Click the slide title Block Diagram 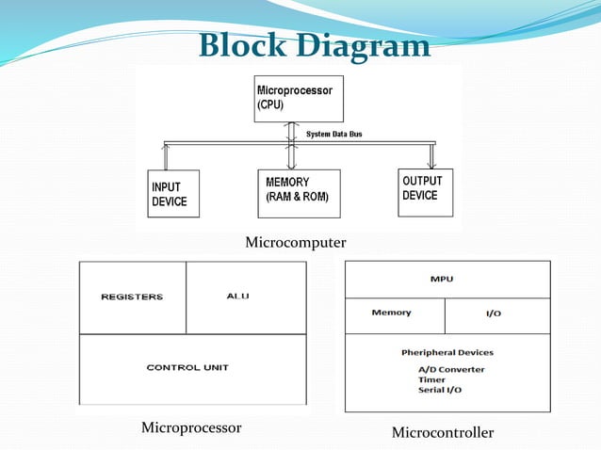pyautogui.click(x=314, y=44)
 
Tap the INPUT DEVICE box pyautogui.click(x=173, y=194)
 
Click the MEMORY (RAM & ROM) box pyautogui.click(x=299, y=194)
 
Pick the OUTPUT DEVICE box pyautogui.click(x=425, y=192)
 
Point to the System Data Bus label pyautogui.click(x=333, y=134)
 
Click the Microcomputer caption pyautogui.click(x=295, y=243)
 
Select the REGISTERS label pyautogui.click(x=132, y=297)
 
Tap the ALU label pyautogui.click(x=238, y=296)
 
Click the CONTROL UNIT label pyautogui.click(x=187, y=367)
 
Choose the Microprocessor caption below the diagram pyautogui.click(x=191, y=428)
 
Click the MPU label pyautogui.click(x=447, y=279)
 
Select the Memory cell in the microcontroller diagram pyautogui.click(x=391, y=313)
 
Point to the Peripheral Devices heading pyautogui.click(x=447, y=353)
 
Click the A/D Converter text pyautogui.click(x=452, y=369)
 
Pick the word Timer pyautogui.click(x=431, y=379)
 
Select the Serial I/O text pyautogui.click(x=440, y=390)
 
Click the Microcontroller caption pyautogui.click(x=442, y=433)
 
